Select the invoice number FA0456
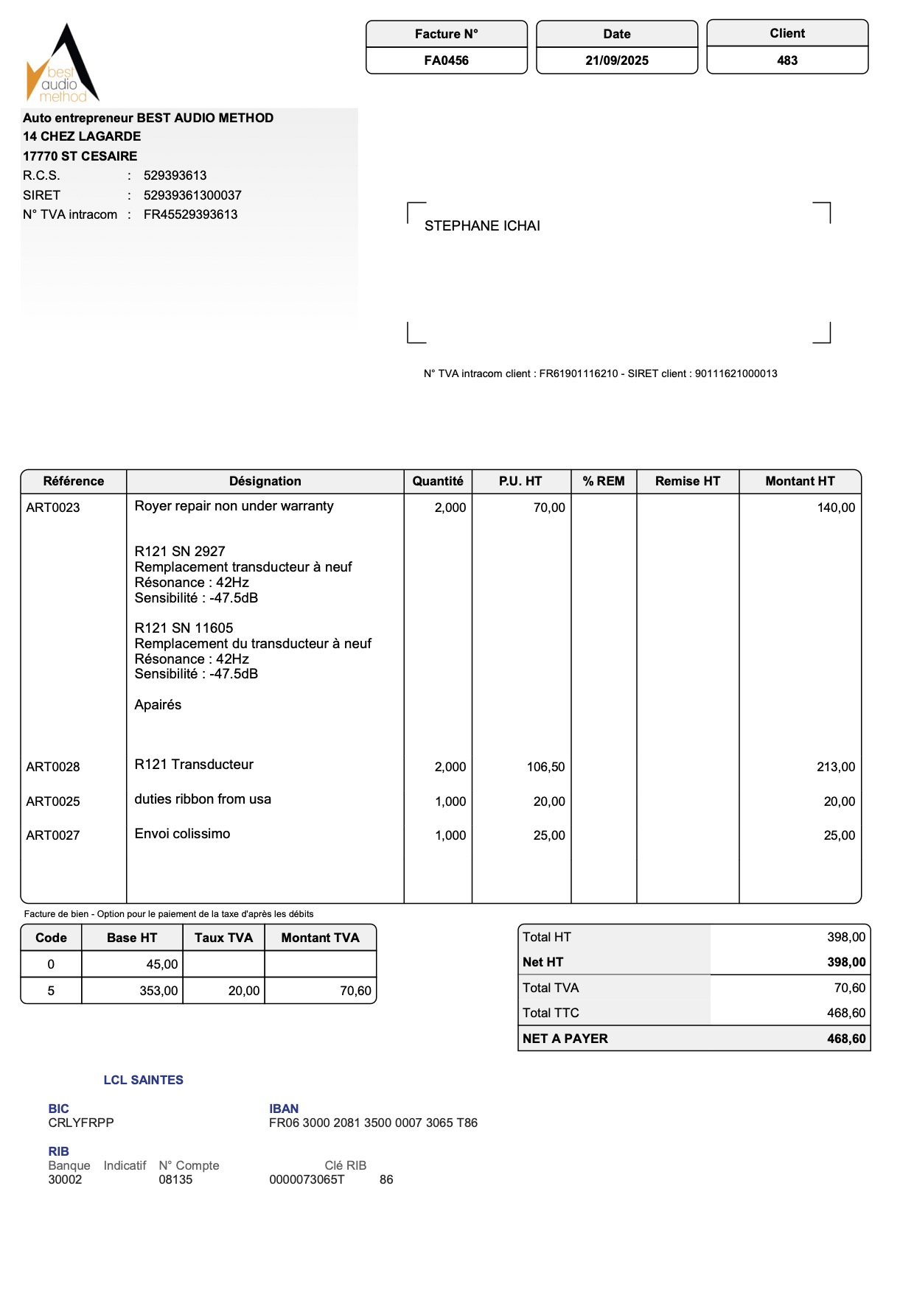tap(446, 60)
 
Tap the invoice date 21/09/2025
tap(617, 60)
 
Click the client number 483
tap(787, 60)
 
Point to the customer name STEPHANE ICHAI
tap(482, 226)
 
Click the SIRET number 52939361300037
tap(192, 195)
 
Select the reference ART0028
tap(53, 767)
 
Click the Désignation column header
tap(265, 481)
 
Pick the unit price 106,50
tap(545, 767)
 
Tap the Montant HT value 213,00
tap(836, 767)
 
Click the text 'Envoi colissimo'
tap(182, 834)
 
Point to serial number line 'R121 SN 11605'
tap(184, 628)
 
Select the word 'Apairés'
tap(158, 705)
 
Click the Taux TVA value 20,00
tap(244, 991)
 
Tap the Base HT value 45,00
tap(162, 964)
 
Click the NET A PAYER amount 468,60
tap(846, 1039)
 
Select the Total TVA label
tap(551, 988)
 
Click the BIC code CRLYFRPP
tap(81, 1123)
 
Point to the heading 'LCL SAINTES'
tap(143, 1080)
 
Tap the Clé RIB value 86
tap(386, 1179)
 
